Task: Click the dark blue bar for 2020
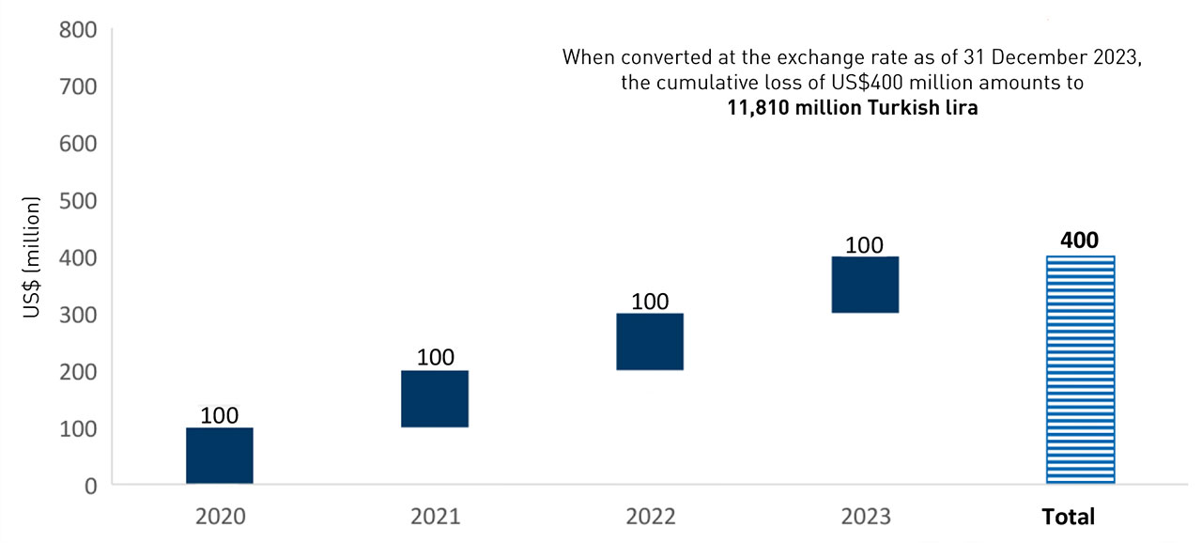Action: coord(219,456)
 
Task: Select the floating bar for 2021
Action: coord(435,398)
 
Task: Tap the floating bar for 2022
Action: coord(650,341)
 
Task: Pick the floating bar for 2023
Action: coord(865,284)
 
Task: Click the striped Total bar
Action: coord(1080,369)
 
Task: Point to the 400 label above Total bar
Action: coord(1080,240)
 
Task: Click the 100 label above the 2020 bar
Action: coord(219,415)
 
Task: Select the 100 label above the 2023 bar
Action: coord(865,245)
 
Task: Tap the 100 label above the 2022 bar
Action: coord(650,302)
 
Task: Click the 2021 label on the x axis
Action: coord(435,517)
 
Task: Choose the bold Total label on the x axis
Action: coord(1068,517)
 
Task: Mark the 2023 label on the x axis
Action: coord(865,517)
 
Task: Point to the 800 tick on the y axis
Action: coord(77,29)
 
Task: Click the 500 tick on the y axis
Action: coord(77,200)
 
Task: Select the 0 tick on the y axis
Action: coord(90,486)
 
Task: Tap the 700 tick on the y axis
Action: coord(77,86)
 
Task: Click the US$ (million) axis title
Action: coord(33,258)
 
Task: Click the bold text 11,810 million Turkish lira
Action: coord(852,108)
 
